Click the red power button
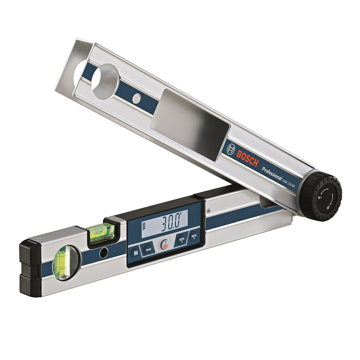[165, 246]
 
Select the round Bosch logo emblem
[231, 149]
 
